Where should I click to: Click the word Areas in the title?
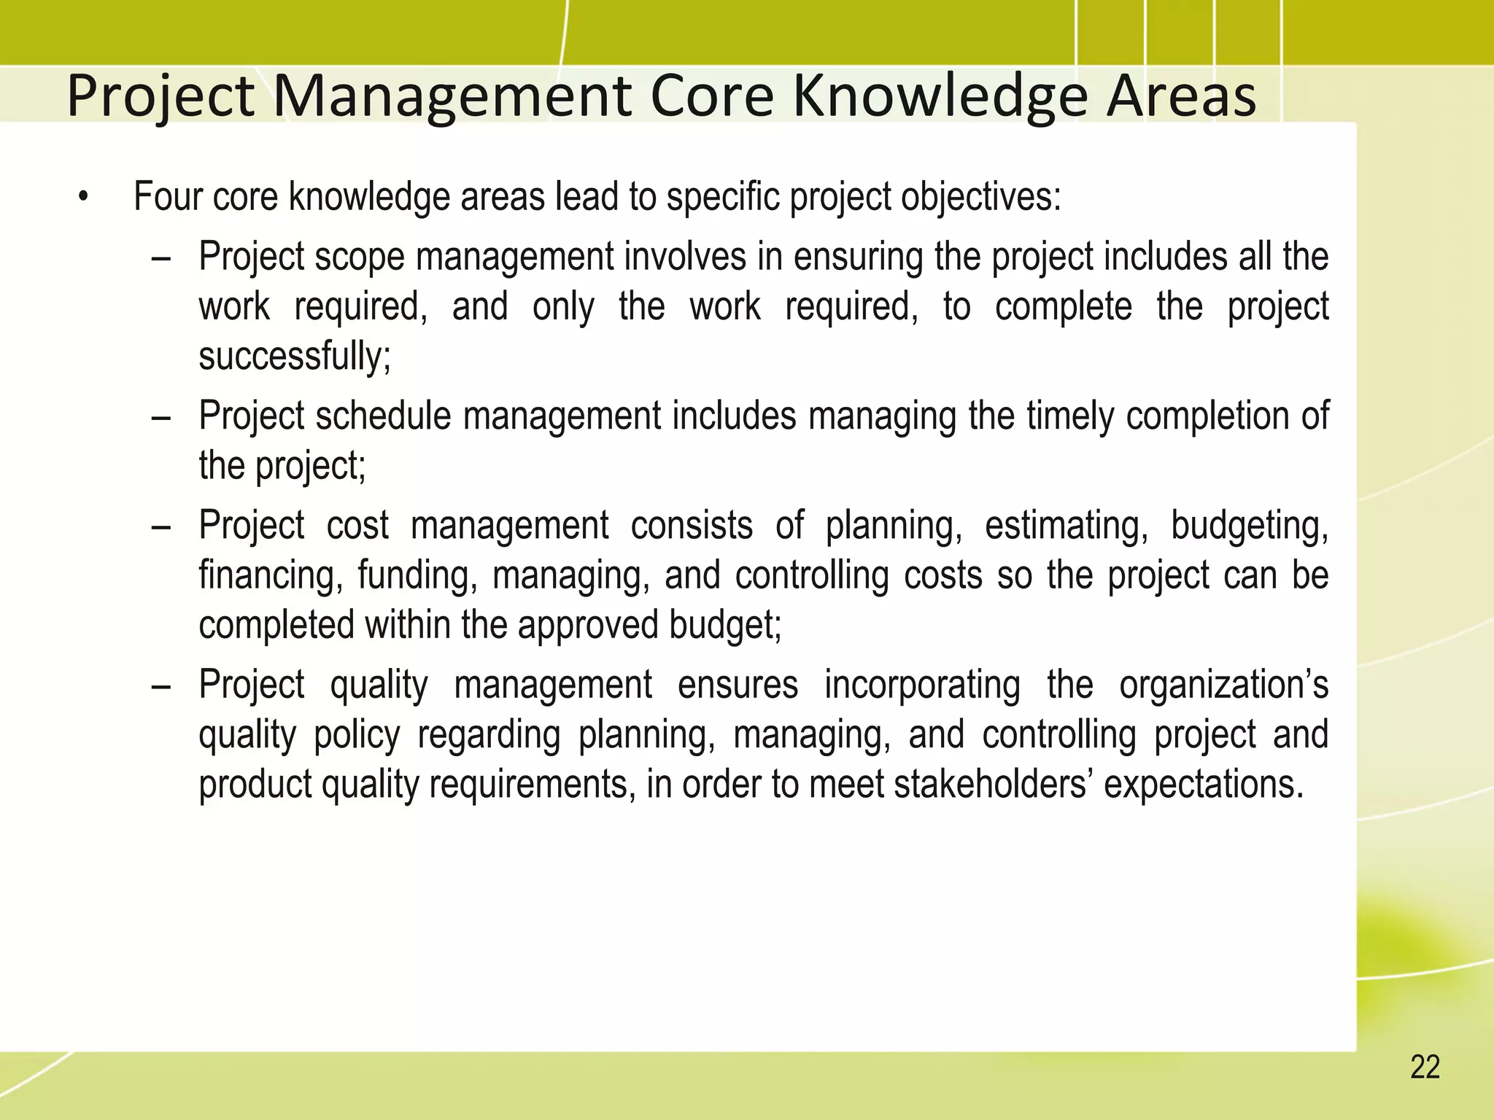(x=1181, y=96)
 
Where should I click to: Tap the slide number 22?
(x=1425, y=1067)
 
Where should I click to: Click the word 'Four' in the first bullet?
(x=167, y=197)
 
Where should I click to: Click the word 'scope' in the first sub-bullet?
(x=360, y=257)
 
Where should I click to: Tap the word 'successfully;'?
(x=295, y=357)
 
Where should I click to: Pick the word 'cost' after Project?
(x=357, y=525)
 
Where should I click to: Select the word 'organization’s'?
(x=1223, y=685)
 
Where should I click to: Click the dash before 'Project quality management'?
(x=161, y=687)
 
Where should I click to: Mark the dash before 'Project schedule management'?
(x=161, y=418)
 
